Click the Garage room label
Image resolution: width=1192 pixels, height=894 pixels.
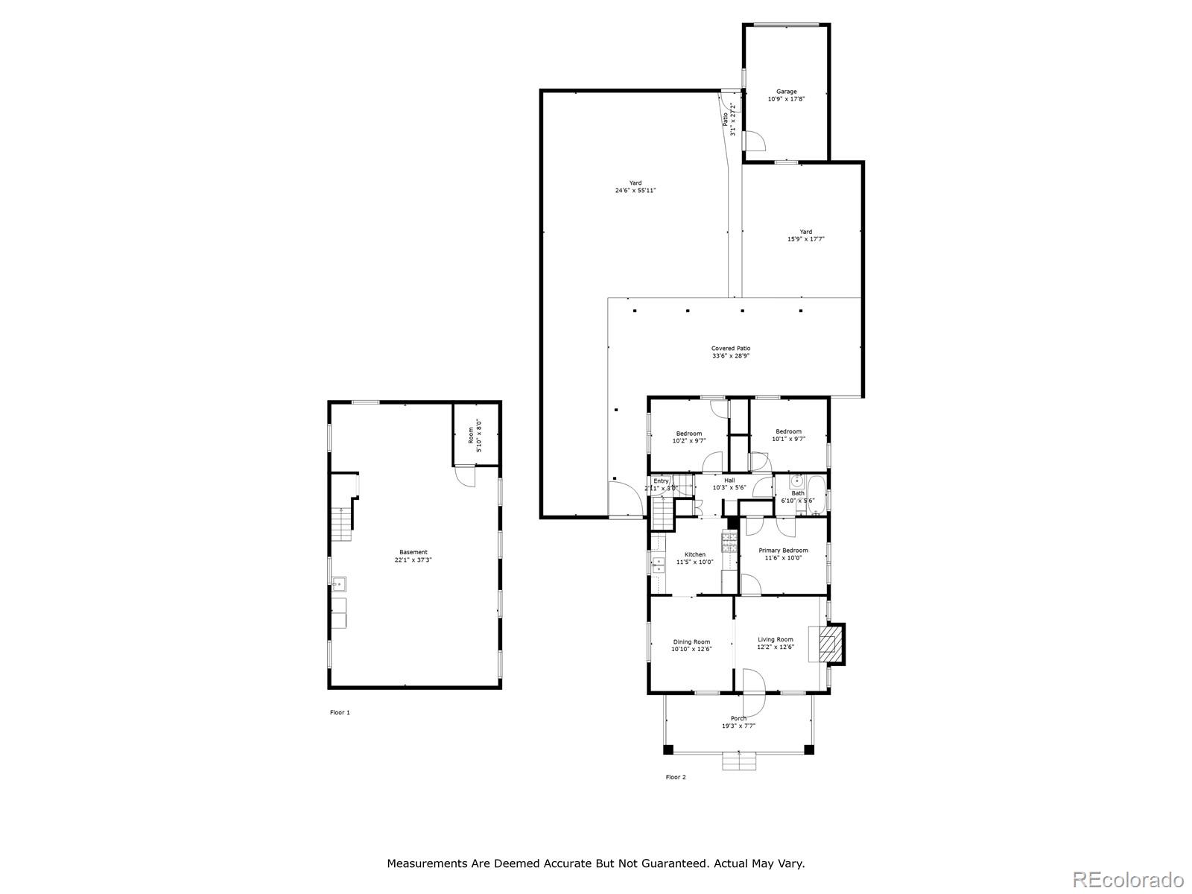click(787, 95)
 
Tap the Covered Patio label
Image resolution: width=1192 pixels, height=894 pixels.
click(730, 352)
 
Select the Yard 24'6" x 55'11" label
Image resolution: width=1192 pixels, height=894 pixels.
click(635, 186)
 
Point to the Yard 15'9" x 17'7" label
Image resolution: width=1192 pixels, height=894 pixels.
click(805, 235)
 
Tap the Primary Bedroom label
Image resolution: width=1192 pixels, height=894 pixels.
click(783, 554)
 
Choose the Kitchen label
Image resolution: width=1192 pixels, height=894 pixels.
click(694, 558)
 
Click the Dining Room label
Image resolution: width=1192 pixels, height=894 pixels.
click(691, 645)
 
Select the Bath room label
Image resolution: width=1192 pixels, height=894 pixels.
click(797, 496)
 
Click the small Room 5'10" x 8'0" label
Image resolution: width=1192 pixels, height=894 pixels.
click(475, 437)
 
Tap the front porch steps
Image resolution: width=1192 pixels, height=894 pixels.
click(739, 761)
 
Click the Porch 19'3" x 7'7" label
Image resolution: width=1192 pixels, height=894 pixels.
click(738, 722)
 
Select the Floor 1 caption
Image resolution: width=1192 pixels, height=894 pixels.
click(340, 712)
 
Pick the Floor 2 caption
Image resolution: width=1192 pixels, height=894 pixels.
click(676, 777)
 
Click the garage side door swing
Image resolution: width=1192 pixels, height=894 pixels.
click(755, 141)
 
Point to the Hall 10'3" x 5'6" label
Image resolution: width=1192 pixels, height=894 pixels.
click(729, 484)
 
